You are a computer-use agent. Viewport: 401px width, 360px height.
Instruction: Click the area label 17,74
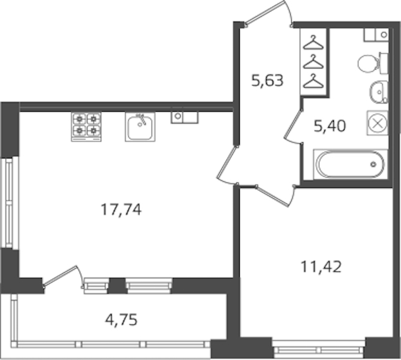(121, 210)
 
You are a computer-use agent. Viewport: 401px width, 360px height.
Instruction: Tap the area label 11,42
(321, 267)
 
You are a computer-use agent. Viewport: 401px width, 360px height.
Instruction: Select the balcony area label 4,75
(121, 320)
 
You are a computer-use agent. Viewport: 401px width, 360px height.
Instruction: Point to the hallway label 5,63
(267, 80)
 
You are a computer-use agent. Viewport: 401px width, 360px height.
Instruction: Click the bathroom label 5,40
(330, 126)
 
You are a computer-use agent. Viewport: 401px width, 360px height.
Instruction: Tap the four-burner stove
(86, 127)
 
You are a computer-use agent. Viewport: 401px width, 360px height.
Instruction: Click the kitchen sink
(140, 127)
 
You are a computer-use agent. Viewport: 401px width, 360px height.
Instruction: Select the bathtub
(351, 164)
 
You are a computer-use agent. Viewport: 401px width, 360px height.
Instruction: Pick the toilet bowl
(372, 63)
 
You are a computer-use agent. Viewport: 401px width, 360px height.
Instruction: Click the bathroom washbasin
(379, 92)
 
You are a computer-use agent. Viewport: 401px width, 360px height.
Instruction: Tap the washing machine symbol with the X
(378, 123)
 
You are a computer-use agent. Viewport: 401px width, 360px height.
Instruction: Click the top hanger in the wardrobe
(313, 43)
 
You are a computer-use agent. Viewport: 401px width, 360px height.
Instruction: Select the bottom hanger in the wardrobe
(313, 81)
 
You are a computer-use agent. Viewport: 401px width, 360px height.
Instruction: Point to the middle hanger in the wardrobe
(313, 62)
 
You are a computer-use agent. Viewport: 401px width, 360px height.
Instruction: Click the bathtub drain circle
(373, 164)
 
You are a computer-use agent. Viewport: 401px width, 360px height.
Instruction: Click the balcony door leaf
(61, 276)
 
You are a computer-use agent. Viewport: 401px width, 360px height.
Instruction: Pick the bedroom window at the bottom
(319, 349)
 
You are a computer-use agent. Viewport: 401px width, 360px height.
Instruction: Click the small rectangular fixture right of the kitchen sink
(185, 118)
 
